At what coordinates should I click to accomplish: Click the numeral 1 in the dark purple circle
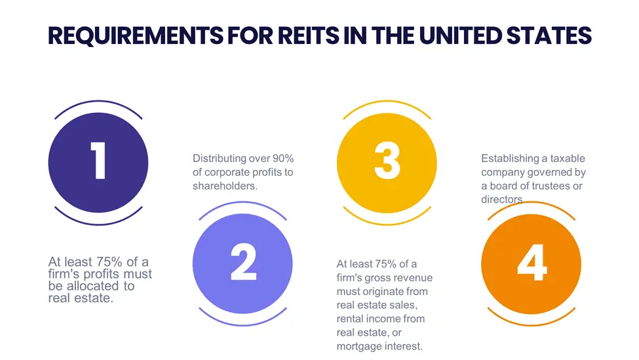pos(98,161)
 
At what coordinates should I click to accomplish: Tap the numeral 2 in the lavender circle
pos(243,262)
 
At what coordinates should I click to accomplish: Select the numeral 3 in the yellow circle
pos(387,161)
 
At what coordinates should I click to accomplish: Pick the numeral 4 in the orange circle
pos(532,262)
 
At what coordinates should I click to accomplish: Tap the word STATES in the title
pos(549,35)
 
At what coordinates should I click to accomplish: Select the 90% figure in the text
pos(283,158)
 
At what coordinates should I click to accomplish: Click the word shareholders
pos(225,186)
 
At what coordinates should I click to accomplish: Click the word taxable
pos(568,158)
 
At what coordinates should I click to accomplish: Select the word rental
pos(349,319)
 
